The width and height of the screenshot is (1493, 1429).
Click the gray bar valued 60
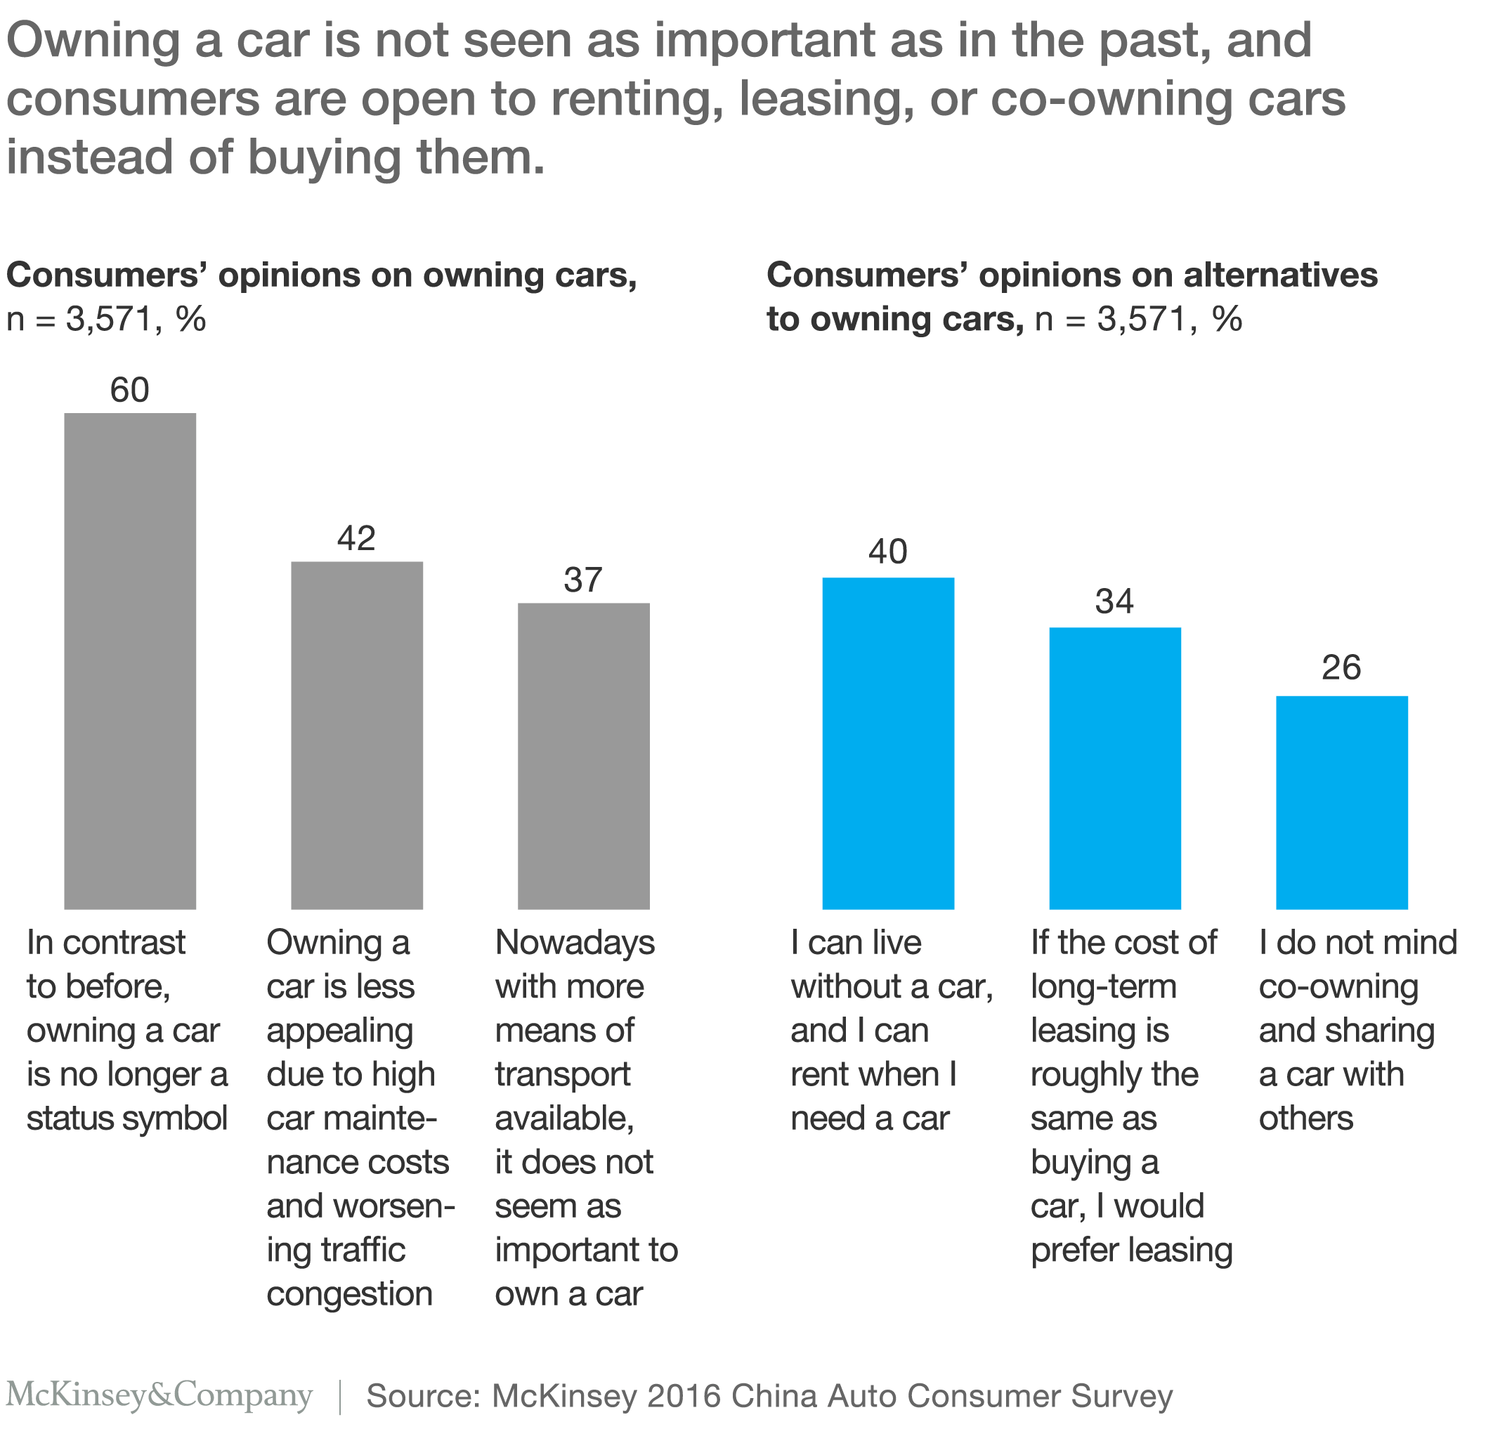tap(129, 660)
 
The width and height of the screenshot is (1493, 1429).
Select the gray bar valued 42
tap(356, 735)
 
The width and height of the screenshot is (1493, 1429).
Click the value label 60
tap(129, 390)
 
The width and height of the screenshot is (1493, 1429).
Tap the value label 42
tap(356, 539)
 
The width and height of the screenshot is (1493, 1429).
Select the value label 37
tap(583, 580)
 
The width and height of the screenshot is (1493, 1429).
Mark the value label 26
tap(1341, 667)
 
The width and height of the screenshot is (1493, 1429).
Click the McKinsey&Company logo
tap(159, 1395)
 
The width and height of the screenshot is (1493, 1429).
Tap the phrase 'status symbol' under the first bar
tap(127, 1118)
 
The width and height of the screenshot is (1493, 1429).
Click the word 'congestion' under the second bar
tap(350, 1293)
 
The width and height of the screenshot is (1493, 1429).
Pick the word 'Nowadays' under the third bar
tap(575, 943)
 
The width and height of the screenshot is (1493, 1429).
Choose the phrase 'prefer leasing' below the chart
tap(1131, 1250)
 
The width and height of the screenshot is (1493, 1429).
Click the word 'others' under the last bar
tap(1305, 1118)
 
